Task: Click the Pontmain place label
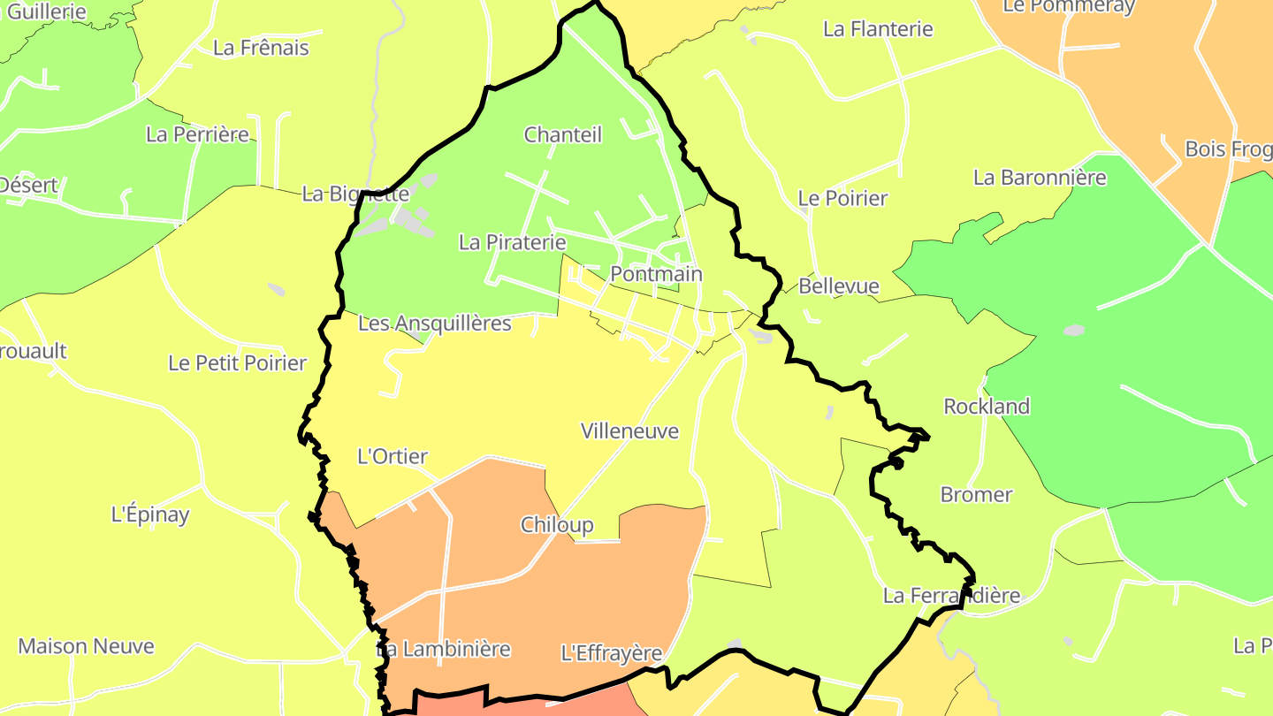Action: pyautogui.click(x=656, y=274)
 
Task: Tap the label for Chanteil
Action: pyautogui.click(x=562, y=135)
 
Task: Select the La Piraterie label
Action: pyautogui.click(x=512, y=242)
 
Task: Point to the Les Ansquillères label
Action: pyautogui.click(x=434, y=324)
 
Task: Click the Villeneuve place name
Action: pyautogui.click(x=629, y=431)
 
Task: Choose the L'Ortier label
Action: pyautogui.click(x=392, y=457)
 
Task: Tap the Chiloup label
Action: pyautogui.click(x=557, y=525)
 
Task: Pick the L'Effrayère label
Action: pyautogui.click(x=612, y=654)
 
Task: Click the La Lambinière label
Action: pyautogui.click(x=444, y=649)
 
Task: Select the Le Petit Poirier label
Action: pyautogui.click(x=237, y=363)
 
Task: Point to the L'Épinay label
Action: pyautogui.click(x=150, y=514)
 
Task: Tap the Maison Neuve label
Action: pyautogui.click(x=86, y=646)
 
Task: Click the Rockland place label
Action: pyautogui.click(x=987, y=407)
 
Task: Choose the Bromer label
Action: pyautogui.click(x=976, y=495)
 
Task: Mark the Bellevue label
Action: pyautogui.click(x=838, y=286)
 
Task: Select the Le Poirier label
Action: pyautogui.click(x=842, y=198)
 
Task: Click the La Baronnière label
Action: pyautogui.click(x=1040, y=178)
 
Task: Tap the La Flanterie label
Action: pyautogui.click(x=878, y=29)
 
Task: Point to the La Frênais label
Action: pyautogui.click(x=261, y=48)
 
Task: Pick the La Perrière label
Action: pyautogui.click(x=198, y=134)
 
